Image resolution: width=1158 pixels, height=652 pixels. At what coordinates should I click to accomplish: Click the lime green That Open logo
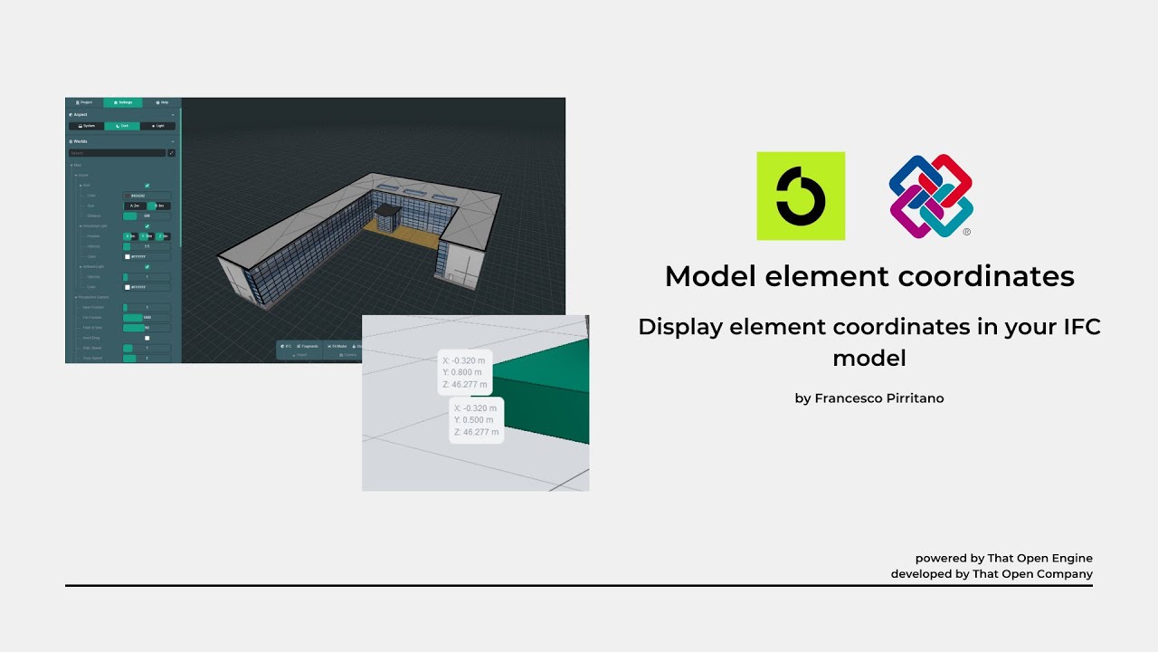pyautogui.click(x=801, y=196)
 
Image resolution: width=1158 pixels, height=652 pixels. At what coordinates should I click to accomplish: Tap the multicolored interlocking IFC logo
pyautogui.click(x=931, y=196)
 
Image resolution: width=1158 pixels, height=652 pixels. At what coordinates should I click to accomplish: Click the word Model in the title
pyautogui.click(x=711, y=276)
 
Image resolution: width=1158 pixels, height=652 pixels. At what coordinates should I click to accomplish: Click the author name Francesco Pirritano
pyautogui.click(x=879, y=398)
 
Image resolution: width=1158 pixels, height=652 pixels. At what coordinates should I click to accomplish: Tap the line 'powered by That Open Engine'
pyautogui.click(x=1003, y=558)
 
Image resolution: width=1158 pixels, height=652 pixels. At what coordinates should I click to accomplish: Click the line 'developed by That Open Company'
pyautogui.click(x=992, y=574)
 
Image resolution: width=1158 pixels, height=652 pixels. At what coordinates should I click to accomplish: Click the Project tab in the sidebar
pyautogui.click(x=84, y=102)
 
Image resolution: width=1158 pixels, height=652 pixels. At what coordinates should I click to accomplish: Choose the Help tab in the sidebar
pyautogui.click(x=162, y=102)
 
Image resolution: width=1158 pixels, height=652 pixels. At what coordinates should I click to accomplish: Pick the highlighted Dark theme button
pyautogui.click(x=122, y=126)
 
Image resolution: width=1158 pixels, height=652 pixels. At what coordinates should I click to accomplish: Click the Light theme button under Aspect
pyautogui.click(x=157, y=126)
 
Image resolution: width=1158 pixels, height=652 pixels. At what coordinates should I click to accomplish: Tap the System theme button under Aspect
pyautogui.click(x=87, y=126)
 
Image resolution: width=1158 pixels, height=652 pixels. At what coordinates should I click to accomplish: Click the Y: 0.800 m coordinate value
pyautogui.click(x=463, y=372)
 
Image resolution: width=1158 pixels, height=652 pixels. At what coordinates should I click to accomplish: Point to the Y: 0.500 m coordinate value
pyautogui.click(x=475, y=420)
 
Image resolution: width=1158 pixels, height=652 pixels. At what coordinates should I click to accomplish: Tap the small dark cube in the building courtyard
pyautogui.click(x=387, y=216)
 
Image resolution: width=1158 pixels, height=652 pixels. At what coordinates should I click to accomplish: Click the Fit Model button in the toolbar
pyautogui.click(x=337, y=346)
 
